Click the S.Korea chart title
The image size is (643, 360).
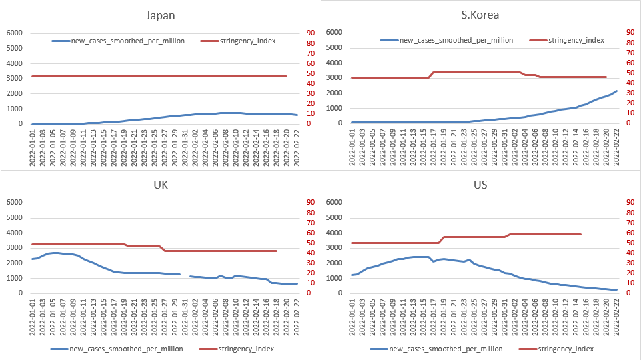pos(480,15)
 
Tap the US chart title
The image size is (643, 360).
pos(480,185)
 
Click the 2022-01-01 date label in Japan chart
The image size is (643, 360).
pos(33,145)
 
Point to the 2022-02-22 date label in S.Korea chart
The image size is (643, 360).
pos(616,145)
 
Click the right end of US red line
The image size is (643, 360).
pos(581,234)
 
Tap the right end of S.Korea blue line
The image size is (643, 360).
pos(616,91)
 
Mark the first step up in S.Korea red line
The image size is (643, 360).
pos(431,75)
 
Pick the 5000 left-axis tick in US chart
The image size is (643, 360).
pos(333,218)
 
